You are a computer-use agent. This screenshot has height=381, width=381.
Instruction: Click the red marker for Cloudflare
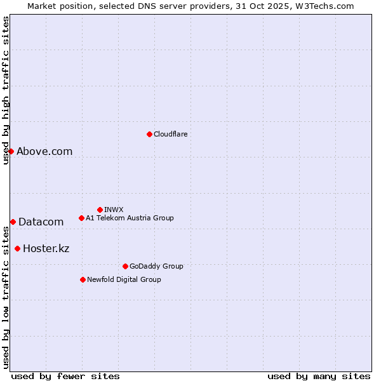coord(149,134)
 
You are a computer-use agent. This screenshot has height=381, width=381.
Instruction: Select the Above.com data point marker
coord(11,151)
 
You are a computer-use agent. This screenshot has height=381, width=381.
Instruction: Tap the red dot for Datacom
coord(13,222)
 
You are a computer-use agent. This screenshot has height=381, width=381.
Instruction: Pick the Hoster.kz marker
coord(17,248)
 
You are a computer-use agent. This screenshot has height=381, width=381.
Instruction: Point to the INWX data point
coord(100,210)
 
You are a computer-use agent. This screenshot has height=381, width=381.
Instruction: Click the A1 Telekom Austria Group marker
coord(81,218)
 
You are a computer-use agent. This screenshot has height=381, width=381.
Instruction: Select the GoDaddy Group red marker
coord(125,266)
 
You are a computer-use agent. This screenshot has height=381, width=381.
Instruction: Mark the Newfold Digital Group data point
coord(83,279)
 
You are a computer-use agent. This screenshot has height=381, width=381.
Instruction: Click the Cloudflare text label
coord(170,134)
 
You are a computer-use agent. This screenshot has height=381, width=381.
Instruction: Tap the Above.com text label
coord(44,151)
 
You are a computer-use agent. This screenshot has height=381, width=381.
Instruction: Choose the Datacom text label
coord(41,222)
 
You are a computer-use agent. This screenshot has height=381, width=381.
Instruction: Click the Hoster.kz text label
coord(46,248)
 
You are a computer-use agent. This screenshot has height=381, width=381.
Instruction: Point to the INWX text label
coord(114,210)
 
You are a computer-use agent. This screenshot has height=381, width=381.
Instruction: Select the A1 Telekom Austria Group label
coord(130,218)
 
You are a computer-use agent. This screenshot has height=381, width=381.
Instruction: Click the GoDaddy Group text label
coord(156,266)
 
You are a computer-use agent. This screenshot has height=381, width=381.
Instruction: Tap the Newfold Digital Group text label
coord(124,279)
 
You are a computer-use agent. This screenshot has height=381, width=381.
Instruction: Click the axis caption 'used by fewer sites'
coord(65,376)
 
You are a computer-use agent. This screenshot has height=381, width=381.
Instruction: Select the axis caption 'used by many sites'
coord(319,376)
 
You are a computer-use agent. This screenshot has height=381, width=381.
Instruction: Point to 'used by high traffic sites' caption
coord(6,91)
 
